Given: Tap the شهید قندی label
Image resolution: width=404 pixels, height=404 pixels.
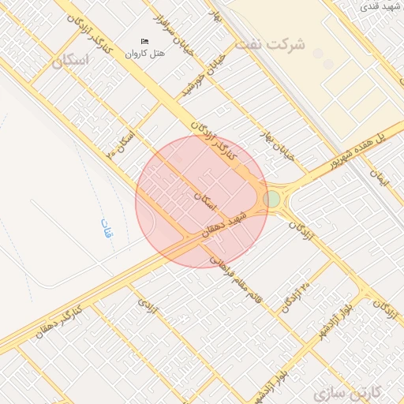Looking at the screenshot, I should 380,6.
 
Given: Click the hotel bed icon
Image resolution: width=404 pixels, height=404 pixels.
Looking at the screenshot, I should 144,41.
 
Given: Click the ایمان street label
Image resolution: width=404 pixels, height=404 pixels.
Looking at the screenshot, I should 383,179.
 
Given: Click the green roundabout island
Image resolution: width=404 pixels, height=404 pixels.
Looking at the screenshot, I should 272,198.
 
